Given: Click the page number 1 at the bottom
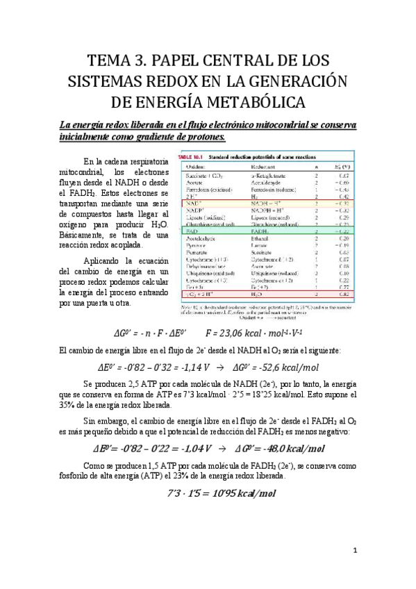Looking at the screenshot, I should pos(355,551).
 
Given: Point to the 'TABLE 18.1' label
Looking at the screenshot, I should pos(197,156).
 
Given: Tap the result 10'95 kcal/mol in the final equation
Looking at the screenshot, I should pos(240,494).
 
